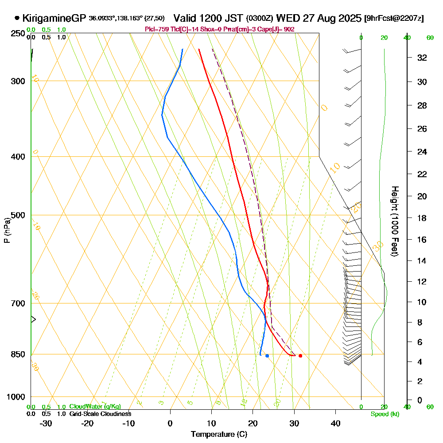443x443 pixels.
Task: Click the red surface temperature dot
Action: pos(300,356)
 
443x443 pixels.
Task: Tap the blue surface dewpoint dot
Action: pos(267,356)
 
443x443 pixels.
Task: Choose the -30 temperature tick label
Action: pos(46,423)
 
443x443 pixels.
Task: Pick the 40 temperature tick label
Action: pos(335,423)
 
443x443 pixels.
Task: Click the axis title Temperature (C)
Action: pos(219,434)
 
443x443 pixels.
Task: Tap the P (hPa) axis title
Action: pos(7,230)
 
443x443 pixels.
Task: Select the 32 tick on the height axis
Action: pos(422,57)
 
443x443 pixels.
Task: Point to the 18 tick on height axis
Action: pos(422,218)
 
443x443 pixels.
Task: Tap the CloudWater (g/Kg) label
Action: pos(95,407)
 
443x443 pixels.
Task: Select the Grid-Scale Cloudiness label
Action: pos(100,414)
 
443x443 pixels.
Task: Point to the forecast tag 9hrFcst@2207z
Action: pos(393,19)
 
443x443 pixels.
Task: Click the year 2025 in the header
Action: pos(346,18)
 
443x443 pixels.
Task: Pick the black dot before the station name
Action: pos(17,18)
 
